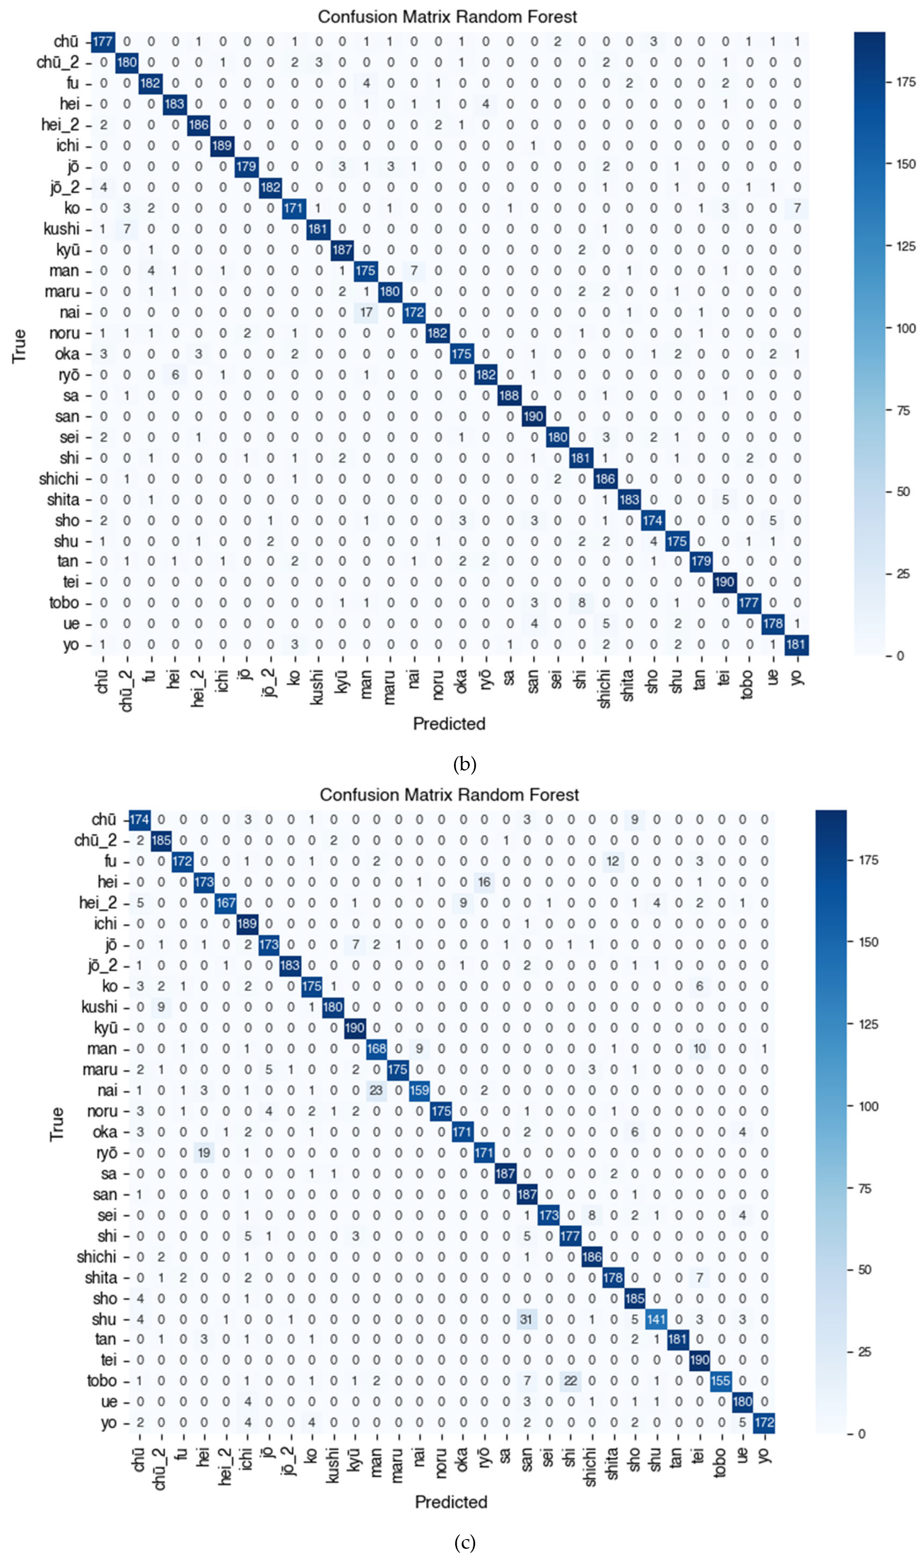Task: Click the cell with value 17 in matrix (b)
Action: click(x=366, y=312)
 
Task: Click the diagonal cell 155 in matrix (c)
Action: click(x=720, y=1380)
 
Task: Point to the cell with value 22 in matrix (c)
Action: click(x=570, y=1380)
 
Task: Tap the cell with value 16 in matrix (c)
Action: click(x=484, y=882)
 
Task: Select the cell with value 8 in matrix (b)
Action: click(x=581, y=603)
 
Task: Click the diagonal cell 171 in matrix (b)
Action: click(x=293, y=208)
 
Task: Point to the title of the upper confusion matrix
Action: click(x=447, y=17)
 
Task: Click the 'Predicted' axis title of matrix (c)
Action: click(x=451, y=1502)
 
